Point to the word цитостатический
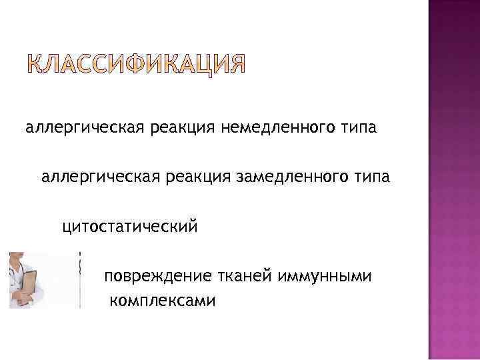pyautogui.click(x=130, y=227)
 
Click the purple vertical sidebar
pyautogui.click(x=453, y=180)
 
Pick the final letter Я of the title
pyautogui.click(x=237, y=65)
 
